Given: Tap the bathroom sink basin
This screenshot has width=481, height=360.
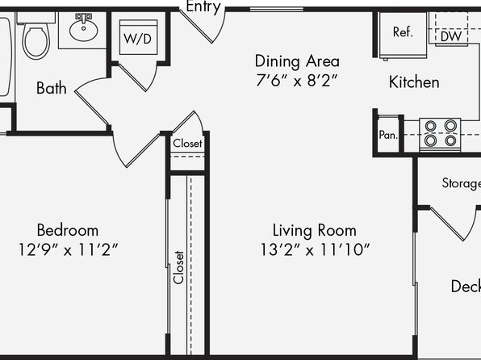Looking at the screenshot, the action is (x=83, y=30).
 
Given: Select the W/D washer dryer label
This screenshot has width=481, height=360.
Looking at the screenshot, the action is (x=138, y=39).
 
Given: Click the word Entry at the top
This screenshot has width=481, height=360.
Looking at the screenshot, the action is (x=203, y=6).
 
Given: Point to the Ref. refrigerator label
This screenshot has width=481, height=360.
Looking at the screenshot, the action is (x=403, y=32).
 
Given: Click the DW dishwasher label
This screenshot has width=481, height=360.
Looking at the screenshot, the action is (x=451, y=36).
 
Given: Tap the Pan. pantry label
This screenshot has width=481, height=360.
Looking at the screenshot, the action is (x=388, y=135).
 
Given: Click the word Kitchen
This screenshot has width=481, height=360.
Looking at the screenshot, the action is (x=414, y=82).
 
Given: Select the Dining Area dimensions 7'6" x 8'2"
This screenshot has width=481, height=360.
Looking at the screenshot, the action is (x=297, y=81).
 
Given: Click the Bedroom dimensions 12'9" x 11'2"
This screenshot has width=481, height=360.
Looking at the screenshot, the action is (x=68, y=249).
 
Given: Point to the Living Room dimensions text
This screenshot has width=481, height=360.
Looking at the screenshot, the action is (x=315, y=249).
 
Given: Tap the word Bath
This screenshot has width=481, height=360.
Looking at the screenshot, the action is (x=51, y=88).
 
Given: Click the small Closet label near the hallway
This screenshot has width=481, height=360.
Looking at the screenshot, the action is (x=187, y=144).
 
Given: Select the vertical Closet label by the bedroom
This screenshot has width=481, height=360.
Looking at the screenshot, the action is (x=178, y=267).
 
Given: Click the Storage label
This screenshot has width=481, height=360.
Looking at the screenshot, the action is (x=462, y=183).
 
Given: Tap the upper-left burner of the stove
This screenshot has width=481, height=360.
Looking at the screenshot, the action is (x=430, y=126).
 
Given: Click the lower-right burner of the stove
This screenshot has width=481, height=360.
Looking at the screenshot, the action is (x=450, y=140).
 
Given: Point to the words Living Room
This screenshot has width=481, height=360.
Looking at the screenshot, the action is (x=315, y=231).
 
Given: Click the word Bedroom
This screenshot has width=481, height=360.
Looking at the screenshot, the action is (x=68, y=230).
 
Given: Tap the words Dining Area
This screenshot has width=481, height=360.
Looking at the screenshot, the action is (x=297, y=61).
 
